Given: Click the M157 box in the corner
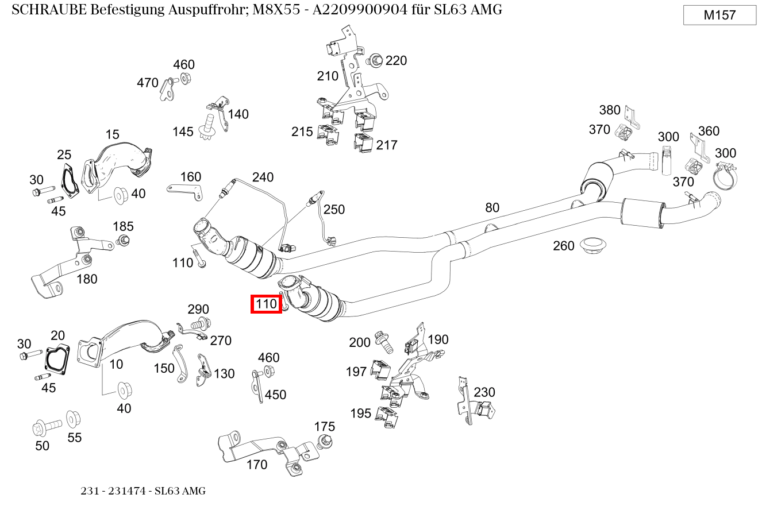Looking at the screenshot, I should [x=719, y=16].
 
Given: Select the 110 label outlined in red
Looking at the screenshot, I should [x=266, y=304].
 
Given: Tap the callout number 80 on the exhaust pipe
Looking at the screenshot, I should [x=492, y=208].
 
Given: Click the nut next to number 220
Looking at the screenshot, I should [x=376, y=60].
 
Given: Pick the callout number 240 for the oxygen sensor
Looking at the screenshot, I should [x=263, y=177].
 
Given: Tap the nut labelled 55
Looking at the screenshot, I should [x=73, y=418].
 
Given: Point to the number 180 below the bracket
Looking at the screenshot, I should [x=87, y=279].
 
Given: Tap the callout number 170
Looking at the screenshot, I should [x=257, y=465].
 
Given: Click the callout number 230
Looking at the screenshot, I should [x=484, y=392].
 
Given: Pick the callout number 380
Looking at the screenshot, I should [x=610, y=110].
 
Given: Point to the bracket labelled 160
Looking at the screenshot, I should [x=185, y=190].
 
